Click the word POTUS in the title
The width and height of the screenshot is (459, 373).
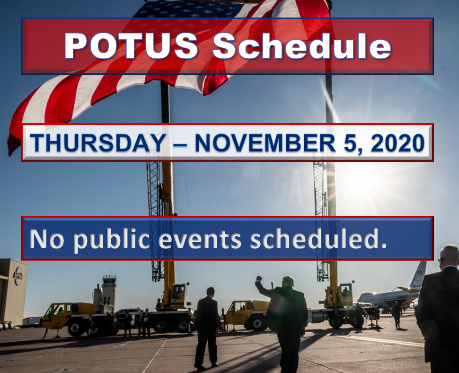[131, 46]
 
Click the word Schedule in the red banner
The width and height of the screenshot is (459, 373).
[302, 46]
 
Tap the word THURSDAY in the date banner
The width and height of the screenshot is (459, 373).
[98, 143]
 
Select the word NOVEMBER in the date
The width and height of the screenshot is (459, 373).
[265, 143]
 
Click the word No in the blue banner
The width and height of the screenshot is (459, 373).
[47, 239]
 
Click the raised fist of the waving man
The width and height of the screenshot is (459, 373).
[259, 278]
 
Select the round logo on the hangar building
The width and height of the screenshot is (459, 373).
[18, 275]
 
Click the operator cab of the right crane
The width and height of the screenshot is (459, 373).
[345, 291]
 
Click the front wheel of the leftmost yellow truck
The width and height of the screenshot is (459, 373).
[76, 329]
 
